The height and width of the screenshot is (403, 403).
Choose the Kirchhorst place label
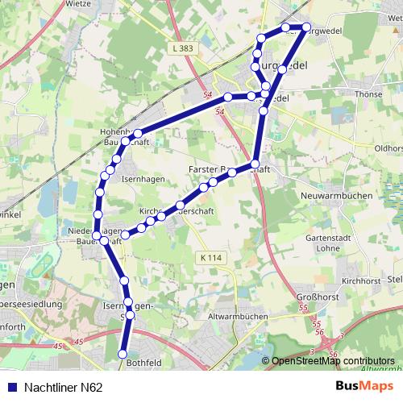point(359,280)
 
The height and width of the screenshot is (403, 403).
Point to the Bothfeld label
point(143,364)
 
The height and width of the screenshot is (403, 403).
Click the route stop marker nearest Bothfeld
point(123,354)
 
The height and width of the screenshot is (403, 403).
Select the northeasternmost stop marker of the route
point(306,27)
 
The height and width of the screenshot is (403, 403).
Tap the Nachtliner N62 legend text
point(63,388)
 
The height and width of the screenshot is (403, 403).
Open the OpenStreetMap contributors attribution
point(333,361)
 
